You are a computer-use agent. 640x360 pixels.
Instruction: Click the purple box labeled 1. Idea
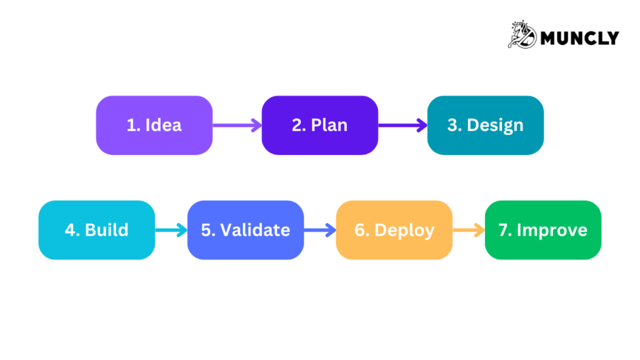tap(154, 125)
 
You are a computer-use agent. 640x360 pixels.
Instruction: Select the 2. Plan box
tap(319, 125)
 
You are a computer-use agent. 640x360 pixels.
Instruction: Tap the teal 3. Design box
tap(485, 125)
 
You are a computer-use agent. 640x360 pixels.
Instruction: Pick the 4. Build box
tap(96, 230)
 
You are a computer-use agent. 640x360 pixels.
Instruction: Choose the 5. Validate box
tap(245, 230)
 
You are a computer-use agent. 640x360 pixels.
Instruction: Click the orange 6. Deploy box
tap(394, 230)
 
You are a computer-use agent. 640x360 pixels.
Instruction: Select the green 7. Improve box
tap(542, 230)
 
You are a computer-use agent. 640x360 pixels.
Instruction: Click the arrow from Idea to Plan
tap(237, 125)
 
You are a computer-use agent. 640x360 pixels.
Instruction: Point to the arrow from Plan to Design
tap(402, 125)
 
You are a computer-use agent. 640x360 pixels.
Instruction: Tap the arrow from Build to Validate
tap(171, 230)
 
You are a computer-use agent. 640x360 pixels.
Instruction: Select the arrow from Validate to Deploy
tap(319, 230)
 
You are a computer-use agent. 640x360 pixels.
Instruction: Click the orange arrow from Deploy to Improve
tap(468, 230)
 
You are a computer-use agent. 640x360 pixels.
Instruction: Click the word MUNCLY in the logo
tap(579, 38)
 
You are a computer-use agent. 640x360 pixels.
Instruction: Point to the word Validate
tap(255, 230)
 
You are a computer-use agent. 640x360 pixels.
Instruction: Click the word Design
tap(495, 125)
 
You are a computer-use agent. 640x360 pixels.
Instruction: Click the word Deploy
tap(404, 230)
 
